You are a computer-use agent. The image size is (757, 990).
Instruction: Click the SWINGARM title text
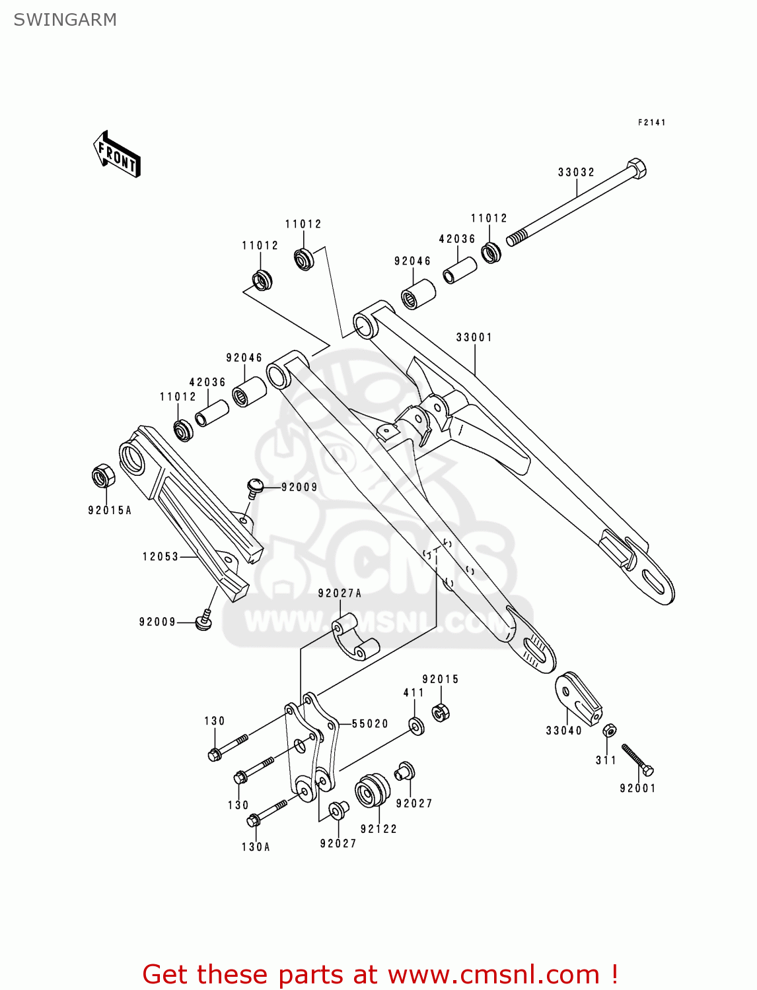tap(65, 20)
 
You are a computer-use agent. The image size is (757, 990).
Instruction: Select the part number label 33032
tap(576, 172)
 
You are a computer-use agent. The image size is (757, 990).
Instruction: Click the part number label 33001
tap(474, 337)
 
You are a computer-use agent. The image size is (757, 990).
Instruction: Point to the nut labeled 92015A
tap(102, 476)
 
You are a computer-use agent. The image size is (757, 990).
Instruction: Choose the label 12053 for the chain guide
tap(161, 556)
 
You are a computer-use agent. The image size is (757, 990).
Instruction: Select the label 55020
tap(370, 724)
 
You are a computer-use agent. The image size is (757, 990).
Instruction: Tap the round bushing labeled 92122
tap(373, 791)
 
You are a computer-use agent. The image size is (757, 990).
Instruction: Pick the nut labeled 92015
tap(441, 712)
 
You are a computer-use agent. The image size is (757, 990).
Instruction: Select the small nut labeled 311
tap(610, 731)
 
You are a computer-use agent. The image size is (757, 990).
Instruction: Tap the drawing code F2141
tap(651, 123)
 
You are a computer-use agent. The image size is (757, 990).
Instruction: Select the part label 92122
tap(378, 829)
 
